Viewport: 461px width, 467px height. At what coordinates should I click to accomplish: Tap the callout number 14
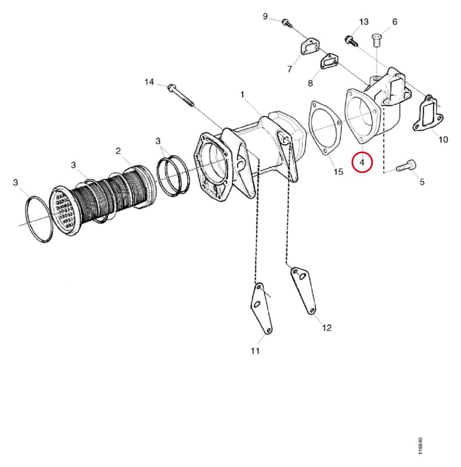pyautogui.click(x=149, y=82)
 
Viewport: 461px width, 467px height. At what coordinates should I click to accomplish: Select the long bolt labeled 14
pyautogui.click(x=181, y=95)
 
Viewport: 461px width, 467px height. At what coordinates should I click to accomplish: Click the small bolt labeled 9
pyautogui.click(x=286, y=23)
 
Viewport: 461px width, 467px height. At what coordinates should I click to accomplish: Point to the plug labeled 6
pyautogui.click(x=377, y=40)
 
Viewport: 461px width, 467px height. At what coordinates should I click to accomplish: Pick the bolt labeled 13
pyautogui.click(x=351, y=41)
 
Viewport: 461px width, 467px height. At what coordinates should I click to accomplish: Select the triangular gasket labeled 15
pyautogui.click(x=325, y=128)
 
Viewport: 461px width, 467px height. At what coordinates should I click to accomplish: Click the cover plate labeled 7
pyautogui.click(x=311, y=47)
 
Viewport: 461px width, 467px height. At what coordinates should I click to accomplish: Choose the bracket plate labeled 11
pyautogui.click(x=261, y=309)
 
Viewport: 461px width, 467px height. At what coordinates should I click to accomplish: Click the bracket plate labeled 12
pyautogui.click(x=304, y=290)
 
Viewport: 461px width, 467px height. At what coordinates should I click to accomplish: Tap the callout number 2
pyautogui.click(x=118, y=151)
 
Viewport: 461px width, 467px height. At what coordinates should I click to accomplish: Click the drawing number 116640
pyautogui.click(x=420, y=445)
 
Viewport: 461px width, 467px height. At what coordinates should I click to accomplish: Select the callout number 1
pyautogui.click(x=242, y=95)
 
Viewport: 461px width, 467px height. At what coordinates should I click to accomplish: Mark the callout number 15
pyautogui.click(x=338, y=172)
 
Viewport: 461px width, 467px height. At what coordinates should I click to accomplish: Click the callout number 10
pyautogui.click(x=443, y=140)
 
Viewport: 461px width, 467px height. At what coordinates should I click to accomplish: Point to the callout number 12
pyautogui.click(x=326, y=328)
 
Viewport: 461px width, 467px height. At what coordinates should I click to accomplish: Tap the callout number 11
pyautogui.click(x=255, y=351)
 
